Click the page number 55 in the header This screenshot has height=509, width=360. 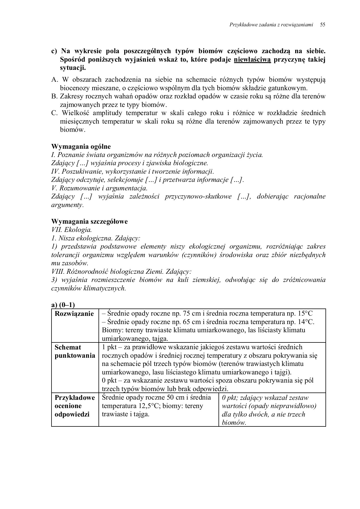322,25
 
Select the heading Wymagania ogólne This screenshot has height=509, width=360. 81,146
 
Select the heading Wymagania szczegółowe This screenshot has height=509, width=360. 89,221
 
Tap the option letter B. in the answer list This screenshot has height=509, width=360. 55,96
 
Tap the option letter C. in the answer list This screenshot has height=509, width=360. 55,113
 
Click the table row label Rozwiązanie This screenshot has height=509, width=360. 74,314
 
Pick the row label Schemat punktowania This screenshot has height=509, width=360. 75,351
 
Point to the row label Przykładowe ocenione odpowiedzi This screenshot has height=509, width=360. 75,406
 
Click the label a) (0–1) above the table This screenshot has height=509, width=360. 63,305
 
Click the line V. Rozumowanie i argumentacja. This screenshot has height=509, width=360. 99,188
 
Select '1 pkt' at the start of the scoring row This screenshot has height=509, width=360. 109,347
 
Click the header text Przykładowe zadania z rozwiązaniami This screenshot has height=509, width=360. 271,25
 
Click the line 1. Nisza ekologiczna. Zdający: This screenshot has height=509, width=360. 96,238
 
